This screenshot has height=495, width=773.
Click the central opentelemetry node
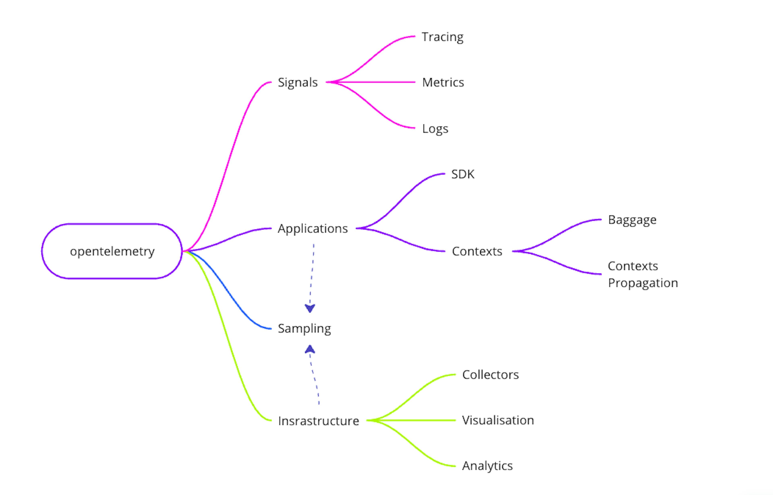[112, 251]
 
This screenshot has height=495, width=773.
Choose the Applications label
[313, 229]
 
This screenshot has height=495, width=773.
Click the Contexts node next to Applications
[477, 251]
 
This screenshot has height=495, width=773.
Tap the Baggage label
[632, 220]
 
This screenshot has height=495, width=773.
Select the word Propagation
[642, 283]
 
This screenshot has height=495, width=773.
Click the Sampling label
[304, 329]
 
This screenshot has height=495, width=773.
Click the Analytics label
[487, 466]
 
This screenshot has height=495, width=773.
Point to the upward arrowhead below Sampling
[310, 349]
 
